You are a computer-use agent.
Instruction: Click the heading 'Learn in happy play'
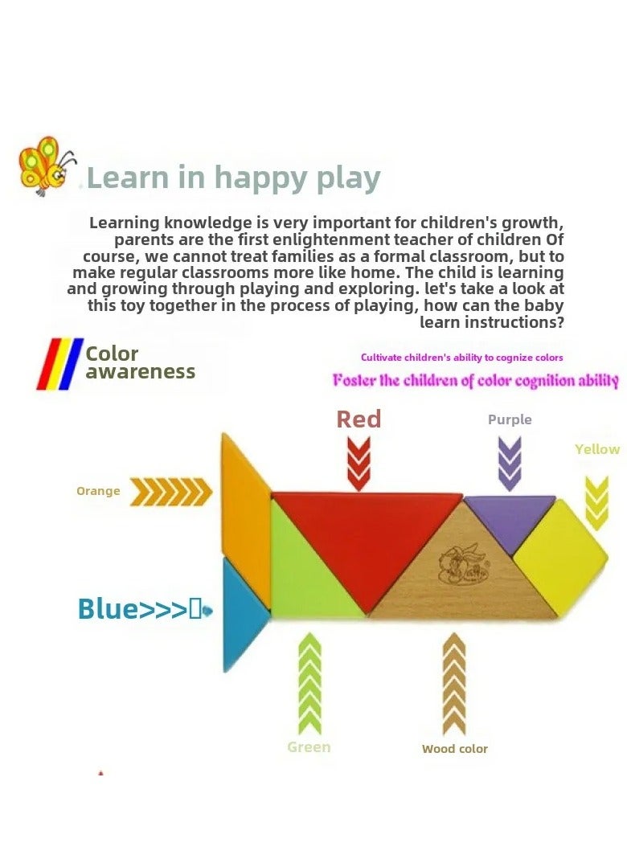pyautogui.click(x=233, y=178)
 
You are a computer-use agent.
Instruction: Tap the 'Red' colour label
pyautogui.click(x=359, y=419)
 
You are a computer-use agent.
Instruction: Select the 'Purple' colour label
pyautogui.click(x=510, y=419)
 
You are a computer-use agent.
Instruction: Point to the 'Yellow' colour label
pyautogui.click(x=597, y=449)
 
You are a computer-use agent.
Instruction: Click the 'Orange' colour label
pyautogui.click(x=98, y=491)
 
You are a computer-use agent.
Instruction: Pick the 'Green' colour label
pyautogui.click(x=309, y=747)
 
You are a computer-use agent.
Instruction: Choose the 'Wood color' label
pyautogui.click(x=455, y=749)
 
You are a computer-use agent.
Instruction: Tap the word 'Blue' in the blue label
pyautogui.click(x=109, y=609)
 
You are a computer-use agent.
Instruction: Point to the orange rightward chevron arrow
pyautogui.click(x=171, y=491)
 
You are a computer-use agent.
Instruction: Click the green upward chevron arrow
pyautogui.click(x=309, y=683)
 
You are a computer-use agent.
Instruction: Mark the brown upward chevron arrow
pyautogui.click(x=455, y=683)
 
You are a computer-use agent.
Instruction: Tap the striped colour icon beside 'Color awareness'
pyautogui.click(x=59, y=364)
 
